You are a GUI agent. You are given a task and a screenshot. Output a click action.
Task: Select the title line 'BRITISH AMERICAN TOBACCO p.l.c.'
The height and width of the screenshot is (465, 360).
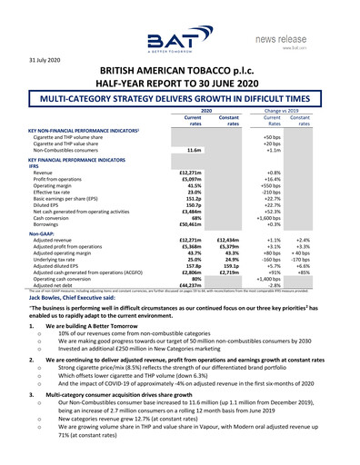point(180,72)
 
